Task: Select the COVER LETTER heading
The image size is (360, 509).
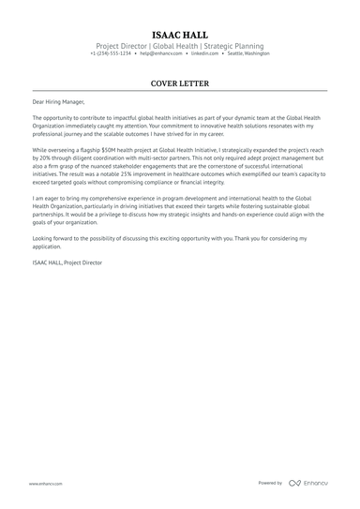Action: tap(179, 82)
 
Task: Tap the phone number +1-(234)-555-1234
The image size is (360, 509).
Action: tap(111, 53)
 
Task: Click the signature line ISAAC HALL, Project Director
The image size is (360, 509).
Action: tap(67, 264)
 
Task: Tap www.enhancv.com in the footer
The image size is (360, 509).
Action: tap(45, 484)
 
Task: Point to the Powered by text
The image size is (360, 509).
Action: tap(270, 483)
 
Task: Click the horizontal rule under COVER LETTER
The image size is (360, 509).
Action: tap(179, 91)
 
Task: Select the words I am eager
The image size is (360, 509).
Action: tap(46, 201)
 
